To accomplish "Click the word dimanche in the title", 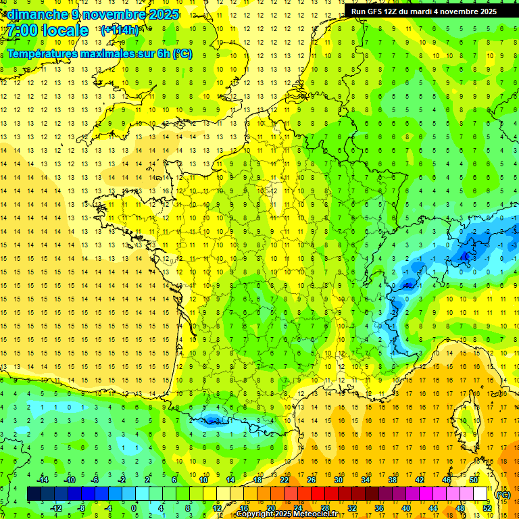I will tap(36, 14).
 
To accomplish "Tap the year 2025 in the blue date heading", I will tap(162, 14).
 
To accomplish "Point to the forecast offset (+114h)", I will tap(120, 30).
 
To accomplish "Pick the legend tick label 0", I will tap(134, 508).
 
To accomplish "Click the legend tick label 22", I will tap(285, 480).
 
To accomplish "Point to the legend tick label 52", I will tap(487, 508).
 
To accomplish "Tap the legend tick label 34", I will tap(365, 480).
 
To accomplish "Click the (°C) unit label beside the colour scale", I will tap(503, 494).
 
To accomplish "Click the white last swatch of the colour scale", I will tap(480, 494).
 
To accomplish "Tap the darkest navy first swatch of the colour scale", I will tap(34, 494).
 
